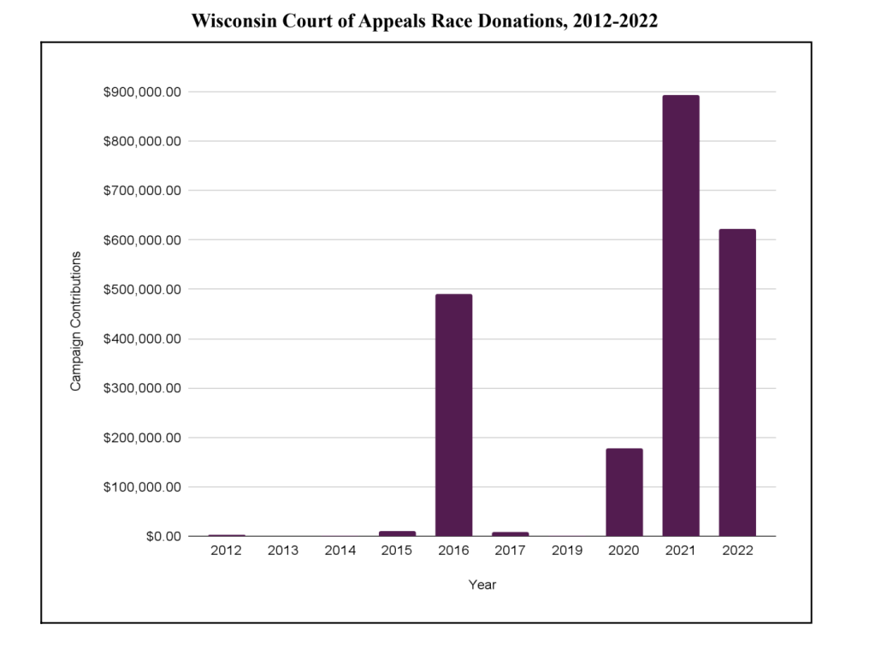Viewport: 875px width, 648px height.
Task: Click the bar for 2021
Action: [x=681, y=315]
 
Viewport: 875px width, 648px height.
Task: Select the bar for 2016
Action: [x=453, y=415]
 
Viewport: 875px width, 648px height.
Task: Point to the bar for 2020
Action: [x=624, y=492]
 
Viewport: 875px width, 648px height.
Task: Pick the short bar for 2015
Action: [x=397, y=533]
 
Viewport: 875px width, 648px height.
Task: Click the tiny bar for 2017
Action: [x=511, y=533]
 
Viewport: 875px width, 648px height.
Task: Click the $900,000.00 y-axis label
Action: [x=142, y=91]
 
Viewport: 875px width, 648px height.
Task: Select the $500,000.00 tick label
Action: [x=142, y=289]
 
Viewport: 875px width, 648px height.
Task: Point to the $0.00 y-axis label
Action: [x=160, y=536]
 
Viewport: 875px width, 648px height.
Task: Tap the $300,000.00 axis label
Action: [x=142, y=388]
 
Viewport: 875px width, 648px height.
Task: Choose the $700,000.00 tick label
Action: [x=142, y=191]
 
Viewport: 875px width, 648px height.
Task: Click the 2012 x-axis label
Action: [x=227, y=551]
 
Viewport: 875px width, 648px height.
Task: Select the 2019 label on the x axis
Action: [x=567, y=551]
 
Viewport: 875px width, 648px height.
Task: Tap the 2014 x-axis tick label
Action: [x=340, y=551]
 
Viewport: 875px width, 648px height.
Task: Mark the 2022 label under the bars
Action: [x=737, y=551]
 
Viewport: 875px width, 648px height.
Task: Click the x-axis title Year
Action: [x=482, y=586]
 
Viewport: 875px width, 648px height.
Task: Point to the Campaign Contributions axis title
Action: [x=76, y=321]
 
